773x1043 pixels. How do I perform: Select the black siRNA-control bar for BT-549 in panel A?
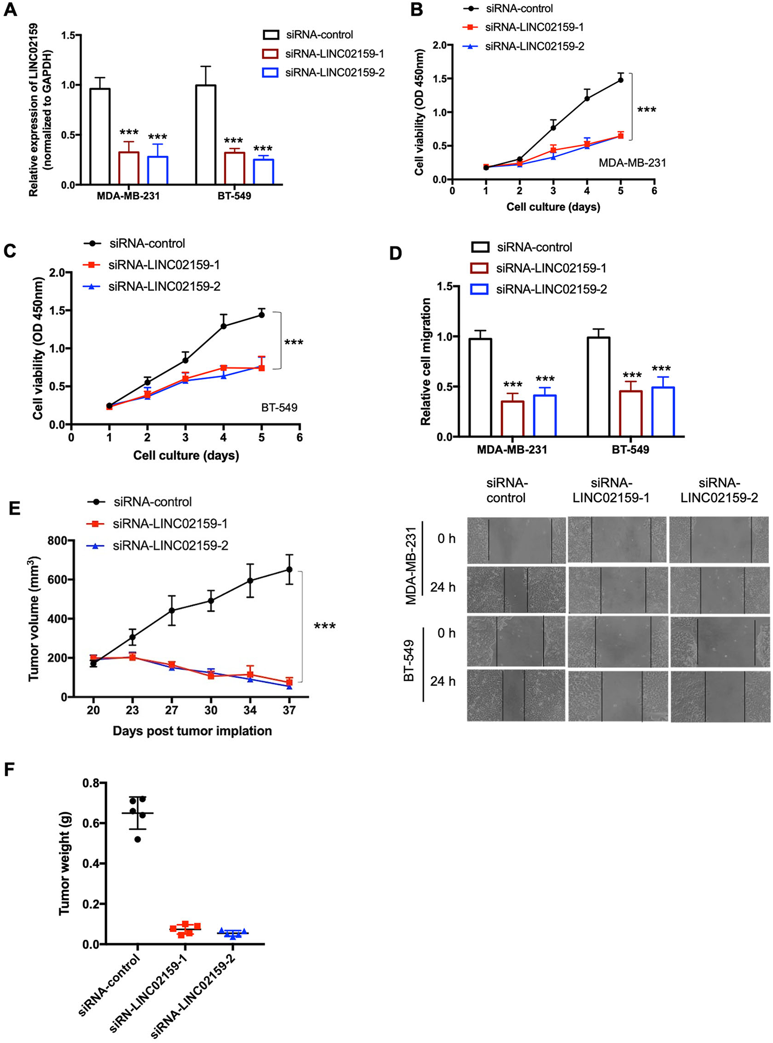click(206, 135)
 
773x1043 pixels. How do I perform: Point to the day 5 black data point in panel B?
click(621, 80)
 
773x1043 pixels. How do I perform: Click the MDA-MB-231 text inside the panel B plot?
click(632, 163)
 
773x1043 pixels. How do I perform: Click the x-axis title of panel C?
click(186, 455)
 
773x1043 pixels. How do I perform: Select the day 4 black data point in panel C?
click(224, 326)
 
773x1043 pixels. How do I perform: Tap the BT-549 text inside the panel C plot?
click(279, 408)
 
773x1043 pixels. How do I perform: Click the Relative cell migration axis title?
click(426, 361)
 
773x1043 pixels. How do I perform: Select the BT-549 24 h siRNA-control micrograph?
click(516, 695)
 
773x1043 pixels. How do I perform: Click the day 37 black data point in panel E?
click(289, 570)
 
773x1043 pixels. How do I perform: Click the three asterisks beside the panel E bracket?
click(325, 626)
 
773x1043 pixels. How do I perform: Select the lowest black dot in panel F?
click(137, 839)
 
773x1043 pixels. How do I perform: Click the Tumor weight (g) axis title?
click(64, 864)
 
